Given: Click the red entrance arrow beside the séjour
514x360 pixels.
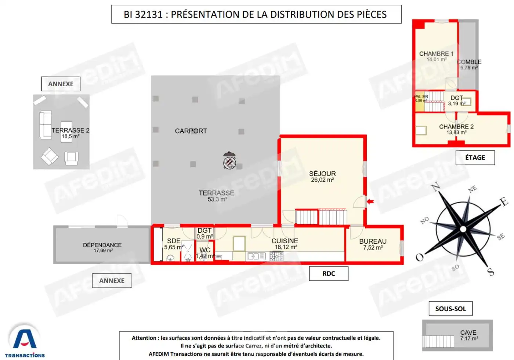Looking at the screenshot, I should (x=370, y=201).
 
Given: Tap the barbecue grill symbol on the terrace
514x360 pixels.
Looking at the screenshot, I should (x=229, y=161).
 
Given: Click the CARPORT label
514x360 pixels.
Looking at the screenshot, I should (x=191, y=131).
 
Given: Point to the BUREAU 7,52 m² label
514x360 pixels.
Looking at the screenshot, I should (x=373, y=244).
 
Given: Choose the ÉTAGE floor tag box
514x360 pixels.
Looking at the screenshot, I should (x=475, y=157).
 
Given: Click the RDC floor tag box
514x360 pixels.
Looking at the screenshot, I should (x=329, y=273).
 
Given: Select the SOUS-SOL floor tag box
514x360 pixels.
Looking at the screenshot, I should (x=450, y=309).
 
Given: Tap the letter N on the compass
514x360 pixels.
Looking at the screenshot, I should (x=436, y=187).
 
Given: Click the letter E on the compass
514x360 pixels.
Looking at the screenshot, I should (x=504, y=201).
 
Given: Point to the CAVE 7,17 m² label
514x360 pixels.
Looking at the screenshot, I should (x=468, y=335).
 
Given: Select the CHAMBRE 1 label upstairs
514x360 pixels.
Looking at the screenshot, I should (x=436, y=56).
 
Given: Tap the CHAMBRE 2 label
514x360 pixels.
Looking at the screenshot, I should (x=456, y=129).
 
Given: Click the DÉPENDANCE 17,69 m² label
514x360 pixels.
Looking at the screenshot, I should (x=102, y=247).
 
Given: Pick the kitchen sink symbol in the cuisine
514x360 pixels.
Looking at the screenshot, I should (x=256, y=256).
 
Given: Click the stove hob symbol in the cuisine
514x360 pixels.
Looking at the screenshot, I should (x=276, y=256).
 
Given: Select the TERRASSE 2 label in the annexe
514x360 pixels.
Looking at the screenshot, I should (x=70, y=133).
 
